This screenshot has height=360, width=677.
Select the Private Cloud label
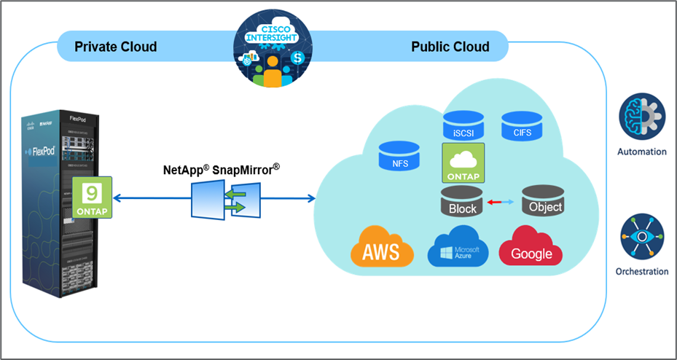116,47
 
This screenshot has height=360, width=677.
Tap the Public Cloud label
450,47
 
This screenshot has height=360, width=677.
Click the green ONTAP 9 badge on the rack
93,197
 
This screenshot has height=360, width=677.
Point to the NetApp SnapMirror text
221,170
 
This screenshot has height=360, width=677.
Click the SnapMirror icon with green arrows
225,200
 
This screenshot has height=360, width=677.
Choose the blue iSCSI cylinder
463,127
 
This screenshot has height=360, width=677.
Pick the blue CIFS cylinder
521,125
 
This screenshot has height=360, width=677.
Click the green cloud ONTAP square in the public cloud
463,163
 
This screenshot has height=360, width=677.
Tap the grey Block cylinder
463,202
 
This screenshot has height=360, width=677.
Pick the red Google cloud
531,248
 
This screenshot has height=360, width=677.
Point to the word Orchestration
641,272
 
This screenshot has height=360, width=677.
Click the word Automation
641,152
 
